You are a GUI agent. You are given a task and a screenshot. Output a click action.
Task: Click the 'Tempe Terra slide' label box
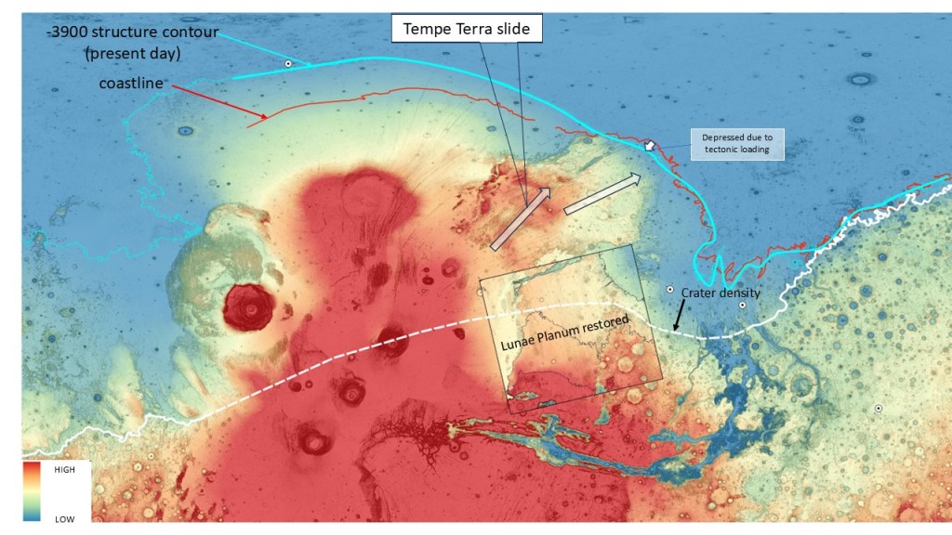click(x=466, y=29)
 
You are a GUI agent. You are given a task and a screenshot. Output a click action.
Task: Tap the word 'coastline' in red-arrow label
click(x=132, y=84)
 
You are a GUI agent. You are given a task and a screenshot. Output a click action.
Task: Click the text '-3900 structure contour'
click(x=134, y=33)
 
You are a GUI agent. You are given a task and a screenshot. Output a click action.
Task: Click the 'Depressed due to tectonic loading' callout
click(x=736, y=143)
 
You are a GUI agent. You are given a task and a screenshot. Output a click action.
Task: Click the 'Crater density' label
click(x=721, y=293)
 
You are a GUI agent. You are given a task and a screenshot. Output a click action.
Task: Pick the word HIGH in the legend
click(x=64, y=470)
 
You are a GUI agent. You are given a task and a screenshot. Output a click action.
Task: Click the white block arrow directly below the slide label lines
click(x=520, y=218)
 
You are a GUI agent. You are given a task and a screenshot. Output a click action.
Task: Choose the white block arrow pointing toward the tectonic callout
click(x=602, y=193)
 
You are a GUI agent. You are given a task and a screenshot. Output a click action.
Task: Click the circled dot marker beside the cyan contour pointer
click(x=288, y=63)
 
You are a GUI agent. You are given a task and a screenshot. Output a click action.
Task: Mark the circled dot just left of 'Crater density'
click(x=669, y=290)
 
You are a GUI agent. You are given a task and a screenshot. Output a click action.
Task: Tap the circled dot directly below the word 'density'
click(x=742, y=306)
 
